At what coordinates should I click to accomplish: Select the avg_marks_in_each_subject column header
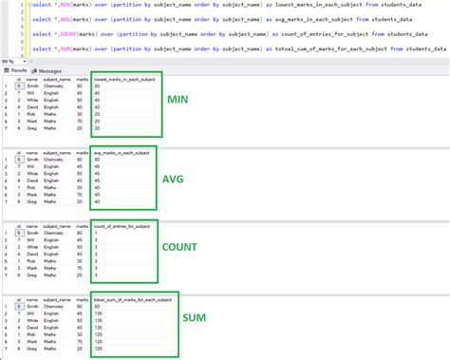click(122, 152)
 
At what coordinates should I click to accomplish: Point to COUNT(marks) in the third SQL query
click(66, 34)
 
